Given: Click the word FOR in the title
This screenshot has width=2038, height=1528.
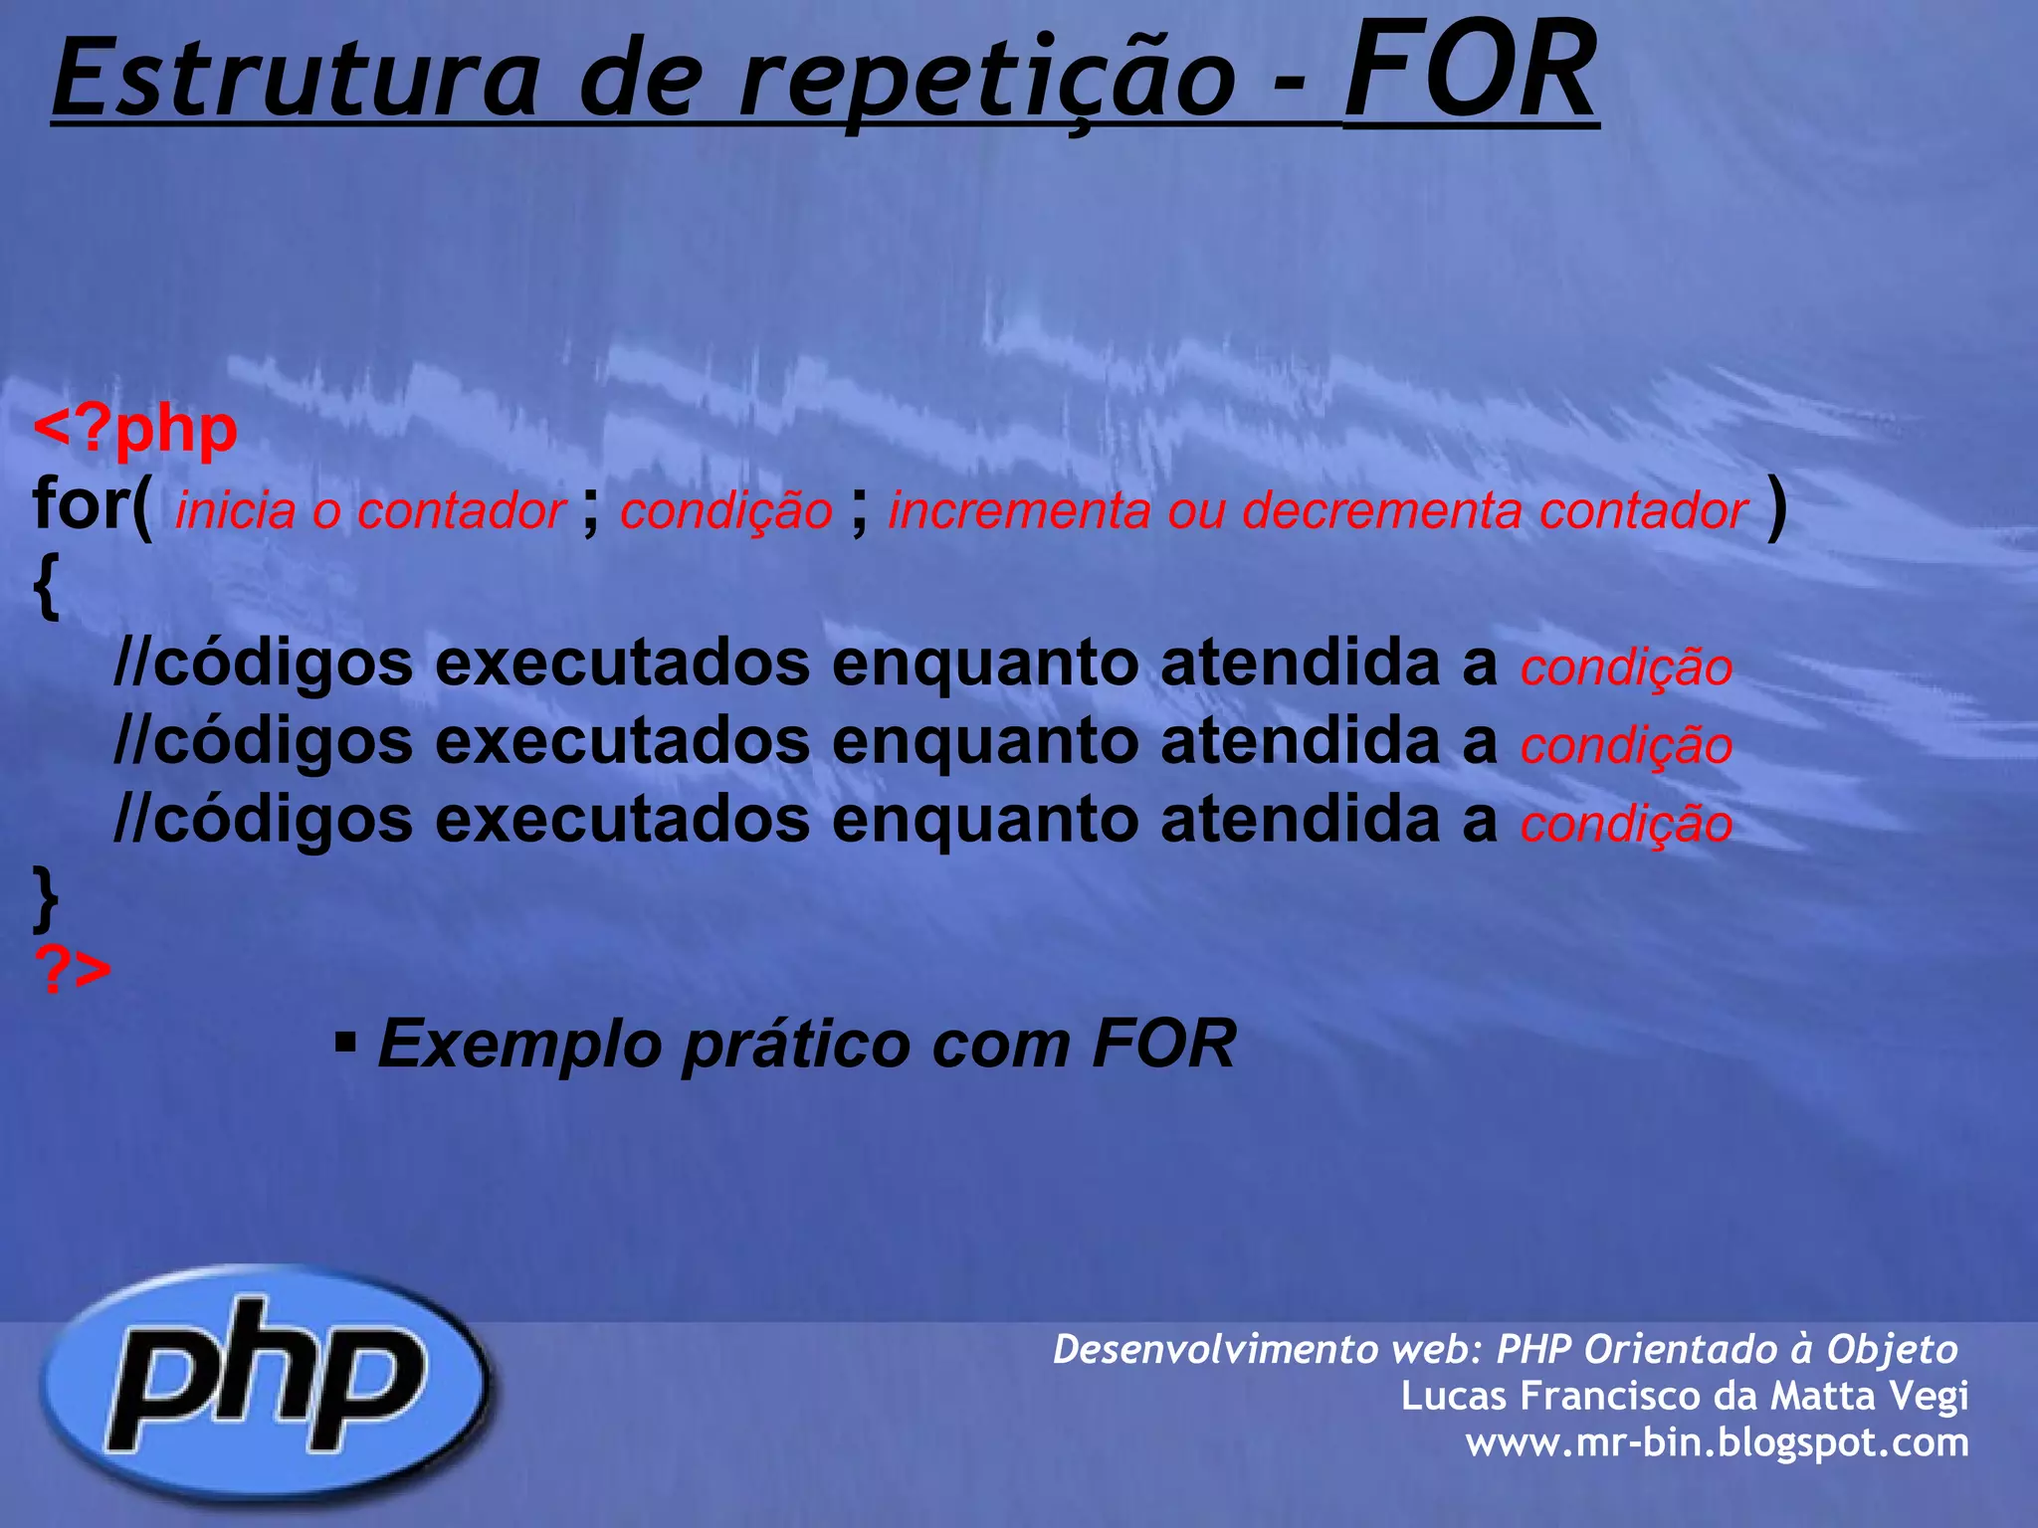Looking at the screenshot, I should pos(1470,72).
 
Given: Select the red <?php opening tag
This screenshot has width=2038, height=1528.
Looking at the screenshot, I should pos(135,430).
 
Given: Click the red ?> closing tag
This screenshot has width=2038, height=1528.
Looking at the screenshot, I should pos(73,969).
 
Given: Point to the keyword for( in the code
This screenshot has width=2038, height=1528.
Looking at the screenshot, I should pos(93,505).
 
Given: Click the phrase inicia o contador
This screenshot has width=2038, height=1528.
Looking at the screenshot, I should pos(370,511).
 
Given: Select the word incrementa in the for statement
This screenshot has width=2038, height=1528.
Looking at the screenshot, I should pos(1019,511).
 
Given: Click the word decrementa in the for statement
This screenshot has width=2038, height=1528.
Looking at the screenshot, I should pos(1381,511).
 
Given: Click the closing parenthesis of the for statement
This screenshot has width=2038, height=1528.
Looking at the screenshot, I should pos(1776,507).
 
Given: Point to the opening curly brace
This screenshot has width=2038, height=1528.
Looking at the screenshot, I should pos(46,587).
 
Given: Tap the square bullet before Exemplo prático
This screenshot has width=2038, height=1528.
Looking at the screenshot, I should pos(345,1044).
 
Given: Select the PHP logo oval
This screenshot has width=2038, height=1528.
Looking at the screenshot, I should pos(266,1383).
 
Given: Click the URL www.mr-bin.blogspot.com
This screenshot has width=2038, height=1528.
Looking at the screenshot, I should pos(1717,1442).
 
